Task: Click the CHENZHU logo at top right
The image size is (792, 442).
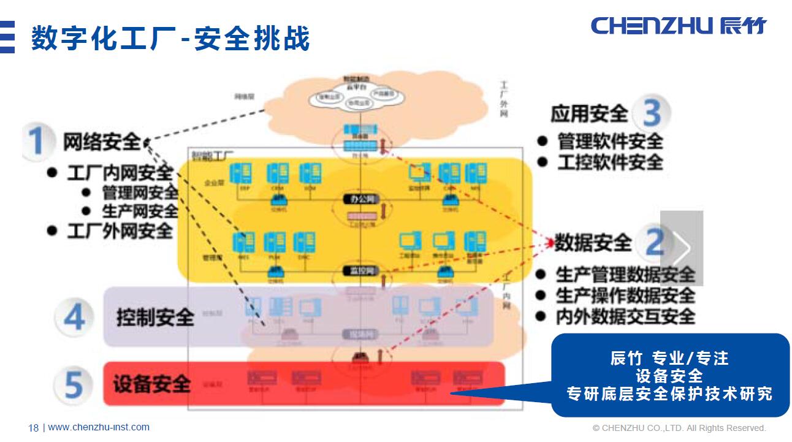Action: point(678,26)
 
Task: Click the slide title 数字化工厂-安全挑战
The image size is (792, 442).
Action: point(170,38)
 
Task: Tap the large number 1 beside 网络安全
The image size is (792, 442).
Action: point(36,141)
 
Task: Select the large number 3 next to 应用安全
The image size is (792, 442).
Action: point(652,113)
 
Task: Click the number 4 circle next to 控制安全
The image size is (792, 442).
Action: point(74,317)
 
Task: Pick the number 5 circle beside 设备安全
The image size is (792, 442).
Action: point(74,385)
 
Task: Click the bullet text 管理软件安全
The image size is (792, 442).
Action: point(610,141)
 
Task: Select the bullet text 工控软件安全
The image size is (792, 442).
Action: point(610,162)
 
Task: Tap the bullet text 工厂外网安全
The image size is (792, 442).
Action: point(120,231)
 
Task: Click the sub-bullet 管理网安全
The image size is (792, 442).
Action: point(140,192)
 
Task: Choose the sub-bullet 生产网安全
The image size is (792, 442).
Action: point(140,211)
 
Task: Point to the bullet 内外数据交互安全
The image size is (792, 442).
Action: point(625,316)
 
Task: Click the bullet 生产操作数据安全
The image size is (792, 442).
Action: point(625,295)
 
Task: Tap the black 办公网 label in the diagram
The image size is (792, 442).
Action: point(362,200)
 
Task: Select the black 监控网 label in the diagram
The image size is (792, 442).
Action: point(362,270)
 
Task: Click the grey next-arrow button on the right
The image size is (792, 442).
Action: point(682,248)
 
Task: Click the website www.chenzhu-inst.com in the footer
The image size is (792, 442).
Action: point(99,427)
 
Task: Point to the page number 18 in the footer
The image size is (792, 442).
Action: point(33,428)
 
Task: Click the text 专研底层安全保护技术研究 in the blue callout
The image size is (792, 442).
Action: point(669,394)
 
